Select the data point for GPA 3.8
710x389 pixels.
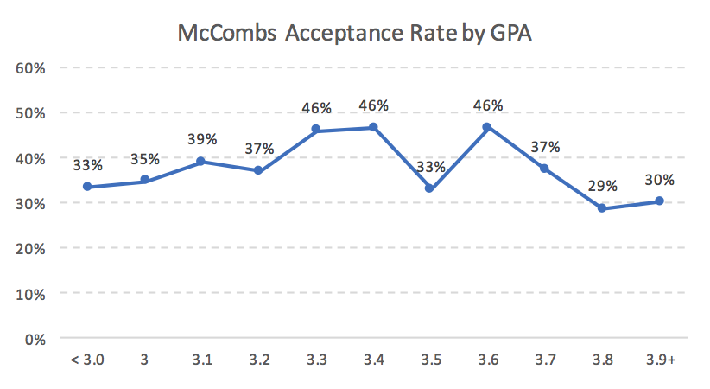pos(601,208)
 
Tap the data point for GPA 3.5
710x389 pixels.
pos(429,188)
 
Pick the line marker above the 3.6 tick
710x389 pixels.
pos(486,127)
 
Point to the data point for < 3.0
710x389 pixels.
pos(88,187)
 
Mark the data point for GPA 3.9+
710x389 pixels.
pos(658,201)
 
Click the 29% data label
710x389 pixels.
pos(602,185)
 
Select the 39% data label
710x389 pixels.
pos(202,138)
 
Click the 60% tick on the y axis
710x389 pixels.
pos(31,67)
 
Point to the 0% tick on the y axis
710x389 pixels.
pos(35,338)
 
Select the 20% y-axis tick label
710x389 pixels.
pos(31,248)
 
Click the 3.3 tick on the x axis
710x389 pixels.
pos(316,360)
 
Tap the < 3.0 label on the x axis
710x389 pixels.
pos(88,360)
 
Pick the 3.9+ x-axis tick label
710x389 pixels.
pos(658,360)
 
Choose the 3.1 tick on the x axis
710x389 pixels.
pos(202,360)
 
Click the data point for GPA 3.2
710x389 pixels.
pos(259,170)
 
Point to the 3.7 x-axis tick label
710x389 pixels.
pos(544,360)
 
